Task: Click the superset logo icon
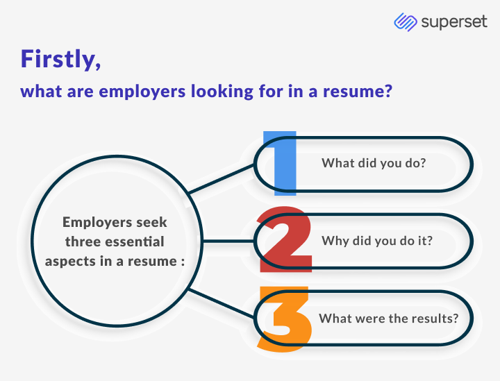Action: coord(406,22)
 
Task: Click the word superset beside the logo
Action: coord(454,23)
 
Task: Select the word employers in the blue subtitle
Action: coord(142,92)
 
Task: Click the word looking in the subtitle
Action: coord(222,92)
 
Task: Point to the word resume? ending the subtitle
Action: coord(358,92)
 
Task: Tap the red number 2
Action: coord(285,239)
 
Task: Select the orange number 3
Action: coord(285,319)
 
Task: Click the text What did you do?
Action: coord(374,163)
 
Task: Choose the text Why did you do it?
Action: coord(377,241)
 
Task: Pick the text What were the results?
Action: coord(389,319)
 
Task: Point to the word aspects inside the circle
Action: coord(70,262)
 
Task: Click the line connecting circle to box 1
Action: coord(221,179)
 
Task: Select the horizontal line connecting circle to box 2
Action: coord(228,241)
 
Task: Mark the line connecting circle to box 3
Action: coord(221,303)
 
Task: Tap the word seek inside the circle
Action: coord(151,222)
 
